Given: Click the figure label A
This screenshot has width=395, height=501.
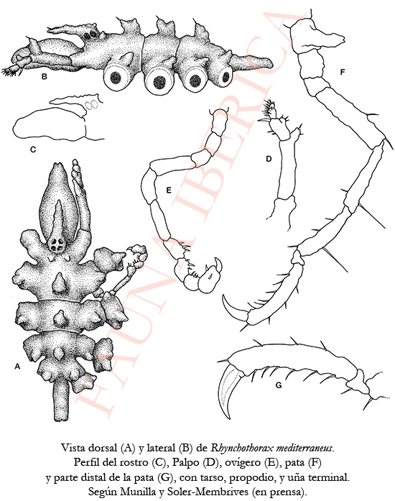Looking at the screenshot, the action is [17, 367].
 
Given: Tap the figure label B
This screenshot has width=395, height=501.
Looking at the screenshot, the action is [45, 76].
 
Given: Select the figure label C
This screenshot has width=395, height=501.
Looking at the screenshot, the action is [33, 149].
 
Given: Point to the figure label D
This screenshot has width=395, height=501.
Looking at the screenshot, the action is [269, 158].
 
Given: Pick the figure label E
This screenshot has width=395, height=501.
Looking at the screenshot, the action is [169, 190].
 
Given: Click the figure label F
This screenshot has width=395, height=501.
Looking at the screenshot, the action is [343, 72].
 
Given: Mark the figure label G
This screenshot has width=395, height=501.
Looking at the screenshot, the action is [279, 385].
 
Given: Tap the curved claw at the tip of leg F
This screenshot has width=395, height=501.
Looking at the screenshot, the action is [233, 307].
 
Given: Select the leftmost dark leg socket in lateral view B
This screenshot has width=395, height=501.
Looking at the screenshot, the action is [116, 78].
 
